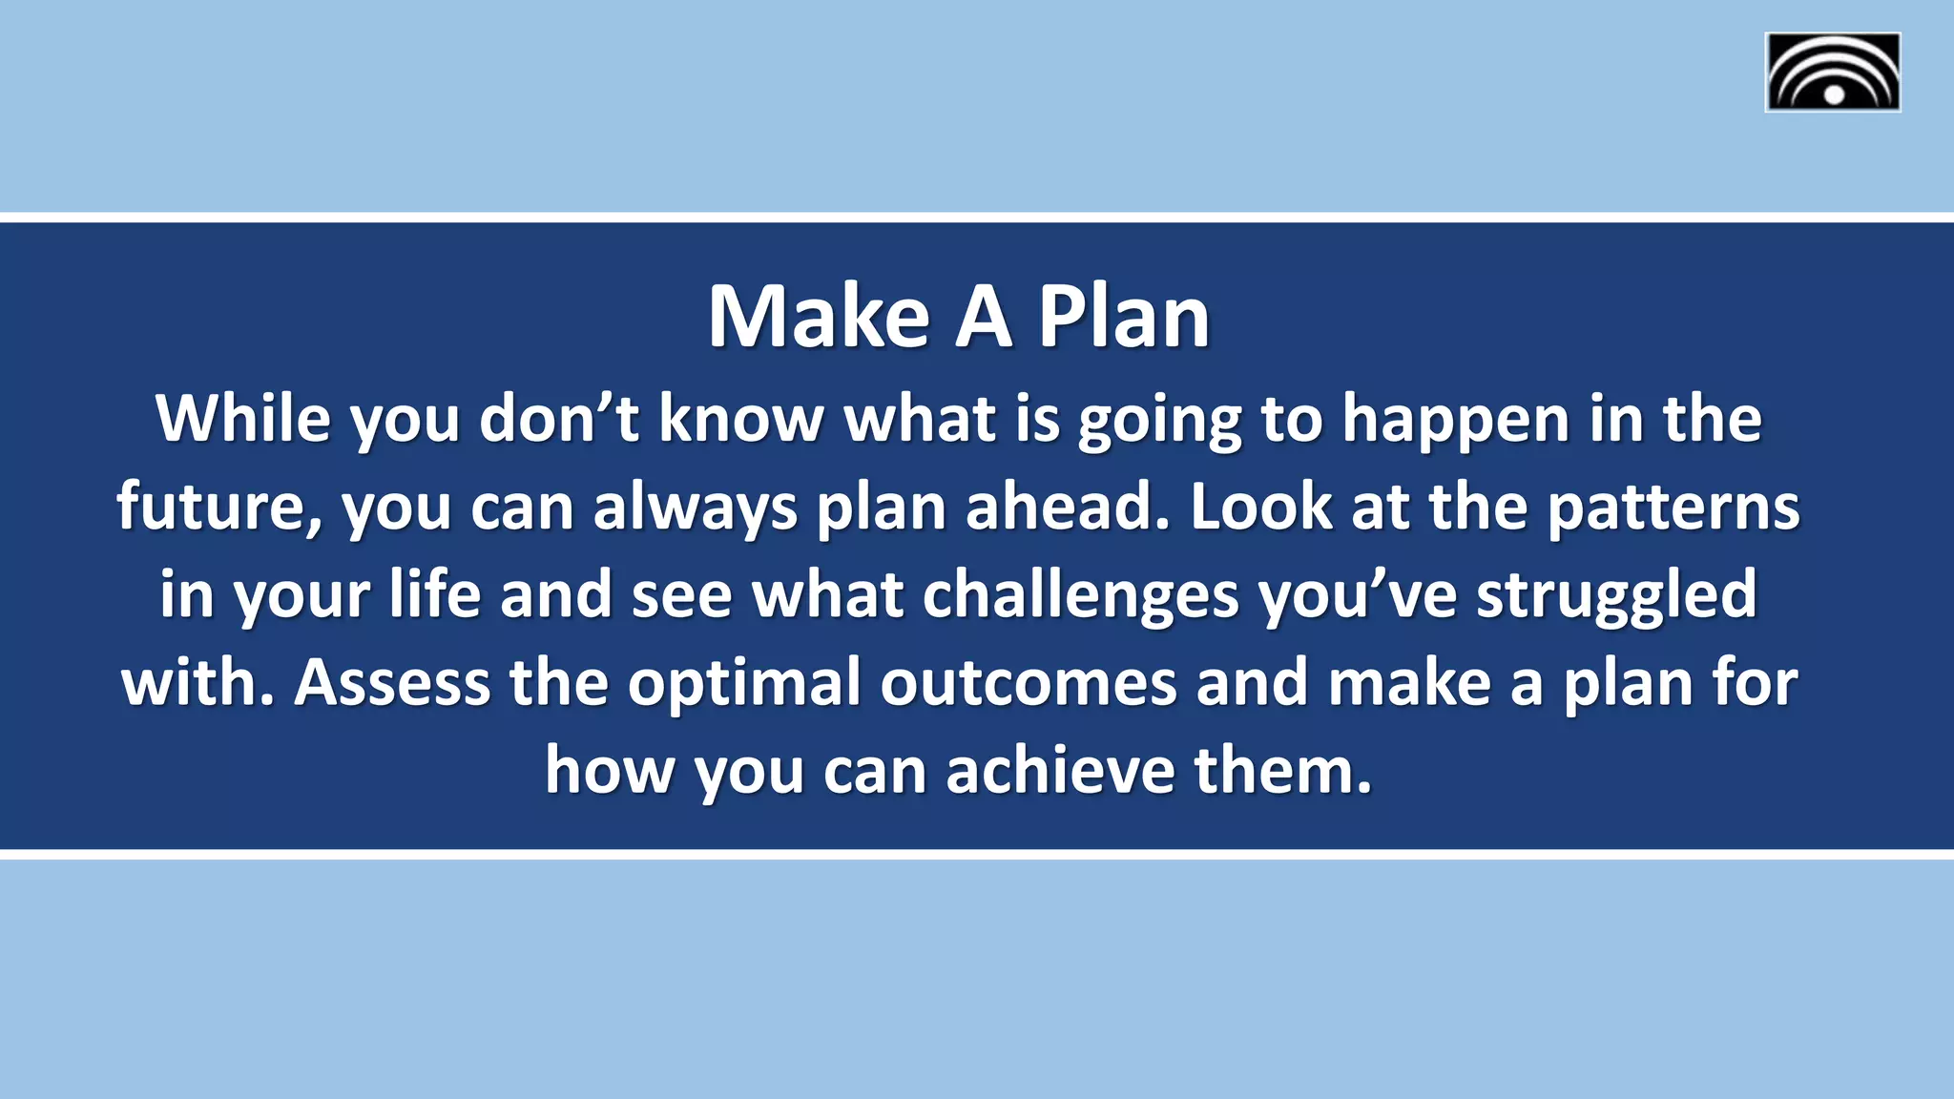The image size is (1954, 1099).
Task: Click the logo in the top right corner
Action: pyautogui.click(x=1832, y=73)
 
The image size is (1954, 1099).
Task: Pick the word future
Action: pyautogui.click(x=219, y=507)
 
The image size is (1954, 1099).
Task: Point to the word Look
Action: pyautogui.click(x=1259, y=506)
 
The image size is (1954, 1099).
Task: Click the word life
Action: pyautogui.click(x=434, y=593)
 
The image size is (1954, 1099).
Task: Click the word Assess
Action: pyautogui.click(x=391, y=683)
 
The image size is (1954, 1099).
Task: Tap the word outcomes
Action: pyautogui.click(x=1028, y=683)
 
